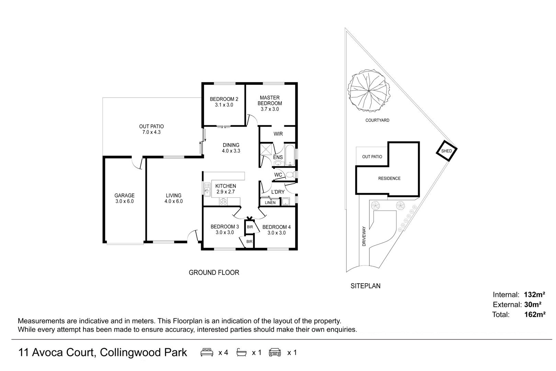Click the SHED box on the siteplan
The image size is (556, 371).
pyautogui.click(x=446, y=151)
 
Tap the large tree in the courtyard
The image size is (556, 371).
pyautogui.click(x=369, y=90)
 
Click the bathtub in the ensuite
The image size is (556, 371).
pyautogui.click(x=290, y=155)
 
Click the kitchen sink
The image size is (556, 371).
pyautogui.click(x=207, y=189)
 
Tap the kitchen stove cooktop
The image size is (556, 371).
pyautogui.click(x=223, y=201)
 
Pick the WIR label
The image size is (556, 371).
pyautogui.click(x=278, y=134)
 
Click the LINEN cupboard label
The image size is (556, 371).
pyautogui.click(x=270, y=203)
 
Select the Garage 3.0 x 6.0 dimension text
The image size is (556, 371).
pyautogui.click(x=124, y=201)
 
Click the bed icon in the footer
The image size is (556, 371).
pyautogui.click(x=207, y=352)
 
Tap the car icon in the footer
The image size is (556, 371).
pyautogui.click(x=275, y=352)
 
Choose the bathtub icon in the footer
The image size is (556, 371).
pyautogui.click(x=241, y=352)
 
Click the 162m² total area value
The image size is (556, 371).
pyautogui.click(x=535, y=314)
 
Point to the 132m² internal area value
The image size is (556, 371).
pyautogui.click(x=534, y=294)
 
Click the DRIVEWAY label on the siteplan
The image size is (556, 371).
pyautogui.click(x=364, y=236)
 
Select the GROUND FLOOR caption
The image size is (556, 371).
pyautogui.click(x=214, y=272)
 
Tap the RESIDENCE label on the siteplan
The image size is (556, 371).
pyautogui.click(x=389, y=178)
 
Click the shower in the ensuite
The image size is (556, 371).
pyautogui.click(x=266, y=149)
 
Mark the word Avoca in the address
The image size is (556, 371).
pyautogui.click(x=48, y=352)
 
